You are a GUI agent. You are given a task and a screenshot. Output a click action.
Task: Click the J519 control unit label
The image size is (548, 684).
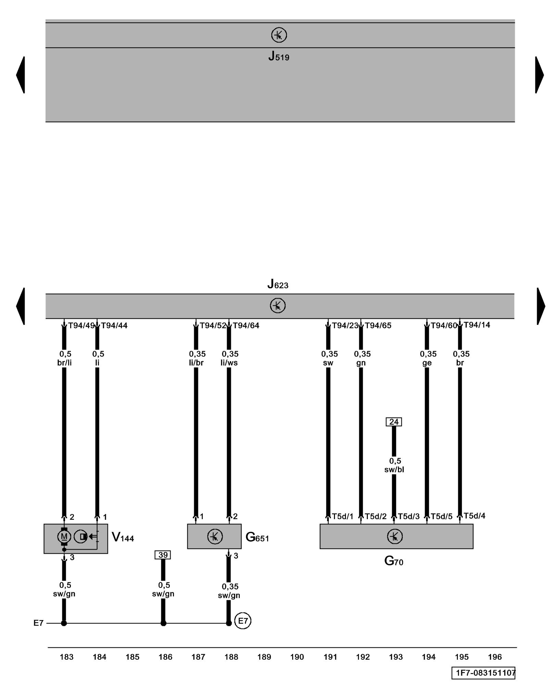click(x=278, y=56)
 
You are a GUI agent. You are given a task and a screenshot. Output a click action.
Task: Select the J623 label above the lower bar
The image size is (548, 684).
click(x=277, y=284)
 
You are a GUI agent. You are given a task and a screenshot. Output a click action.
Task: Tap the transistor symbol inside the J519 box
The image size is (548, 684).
click(x=279, y=35)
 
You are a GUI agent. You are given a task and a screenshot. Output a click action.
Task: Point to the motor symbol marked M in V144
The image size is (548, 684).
click(x=64, y=536)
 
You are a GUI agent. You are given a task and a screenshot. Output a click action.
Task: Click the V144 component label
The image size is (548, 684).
click(x=123, y=537)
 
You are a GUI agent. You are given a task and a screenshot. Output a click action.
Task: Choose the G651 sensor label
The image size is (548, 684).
click(x=257, y=537)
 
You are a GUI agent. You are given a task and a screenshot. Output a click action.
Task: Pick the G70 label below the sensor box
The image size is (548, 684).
click(x=394, y=561)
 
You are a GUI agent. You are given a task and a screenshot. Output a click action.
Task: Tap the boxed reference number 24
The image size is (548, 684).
click(x=394, y=422)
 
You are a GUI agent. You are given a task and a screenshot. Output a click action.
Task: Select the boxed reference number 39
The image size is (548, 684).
click(x=163, y=555)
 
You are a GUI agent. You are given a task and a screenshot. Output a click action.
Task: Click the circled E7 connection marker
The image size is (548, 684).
click(x=242, y=621)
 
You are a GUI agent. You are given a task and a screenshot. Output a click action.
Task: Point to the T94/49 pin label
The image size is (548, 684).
click(x=81, y=326)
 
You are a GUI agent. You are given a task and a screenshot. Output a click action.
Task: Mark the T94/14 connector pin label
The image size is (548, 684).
click(x=477, y=325)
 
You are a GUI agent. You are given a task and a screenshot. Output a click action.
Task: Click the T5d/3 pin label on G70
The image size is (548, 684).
click(x=409, y=516)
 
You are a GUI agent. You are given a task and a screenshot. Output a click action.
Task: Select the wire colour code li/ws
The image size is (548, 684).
click(x=229, y=363)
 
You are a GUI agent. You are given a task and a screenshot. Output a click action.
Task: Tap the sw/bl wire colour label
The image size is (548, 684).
click(x=394, y=470)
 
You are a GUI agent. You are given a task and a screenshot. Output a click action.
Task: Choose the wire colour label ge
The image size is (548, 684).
click(x=427, y=363)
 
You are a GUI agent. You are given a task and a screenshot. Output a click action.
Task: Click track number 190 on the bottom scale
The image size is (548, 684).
click(x=297, y=657)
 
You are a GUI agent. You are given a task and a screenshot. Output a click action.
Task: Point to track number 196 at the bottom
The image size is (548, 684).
click(x=495, y=657)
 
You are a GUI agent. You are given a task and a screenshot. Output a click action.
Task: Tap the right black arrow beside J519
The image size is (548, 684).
click(x=539, y=75)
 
